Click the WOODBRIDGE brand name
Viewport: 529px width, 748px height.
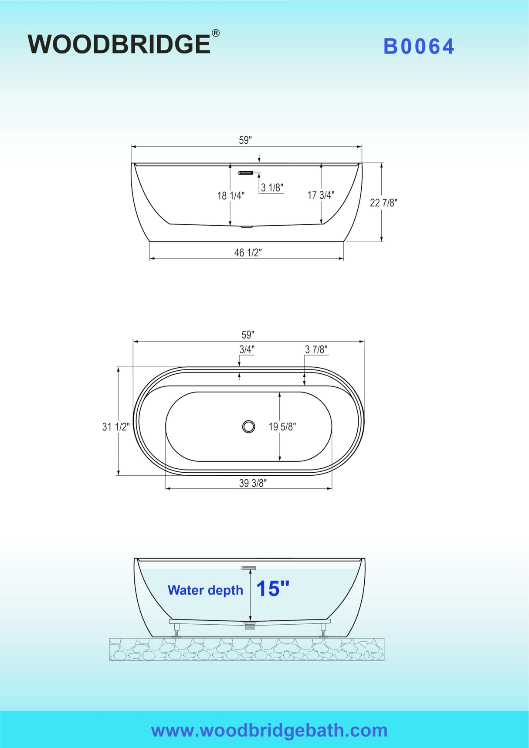119,44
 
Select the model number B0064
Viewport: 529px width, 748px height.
419,47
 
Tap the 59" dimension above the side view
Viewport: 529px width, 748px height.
245,140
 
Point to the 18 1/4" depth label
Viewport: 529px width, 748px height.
231,196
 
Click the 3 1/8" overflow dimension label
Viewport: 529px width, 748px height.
272,188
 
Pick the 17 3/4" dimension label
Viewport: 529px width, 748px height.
321,195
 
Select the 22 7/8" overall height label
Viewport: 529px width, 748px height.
383,203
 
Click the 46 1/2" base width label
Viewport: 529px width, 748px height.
248,253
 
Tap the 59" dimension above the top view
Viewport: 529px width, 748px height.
248,335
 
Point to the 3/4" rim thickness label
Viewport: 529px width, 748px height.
247,349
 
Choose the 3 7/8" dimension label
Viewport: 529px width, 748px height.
316,349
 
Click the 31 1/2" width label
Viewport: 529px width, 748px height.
115,427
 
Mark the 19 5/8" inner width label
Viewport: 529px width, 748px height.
282,427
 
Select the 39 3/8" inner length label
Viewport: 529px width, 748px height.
252,483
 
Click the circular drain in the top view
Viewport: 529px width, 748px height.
248,426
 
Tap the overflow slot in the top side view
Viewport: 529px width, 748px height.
246,173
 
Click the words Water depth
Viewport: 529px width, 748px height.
205,590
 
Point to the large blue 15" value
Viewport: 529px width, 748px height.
273,589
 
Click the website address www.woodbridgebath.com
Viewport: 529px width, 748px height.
269,730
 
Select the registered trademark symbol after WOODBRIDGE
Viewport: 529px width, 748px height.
215,33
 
